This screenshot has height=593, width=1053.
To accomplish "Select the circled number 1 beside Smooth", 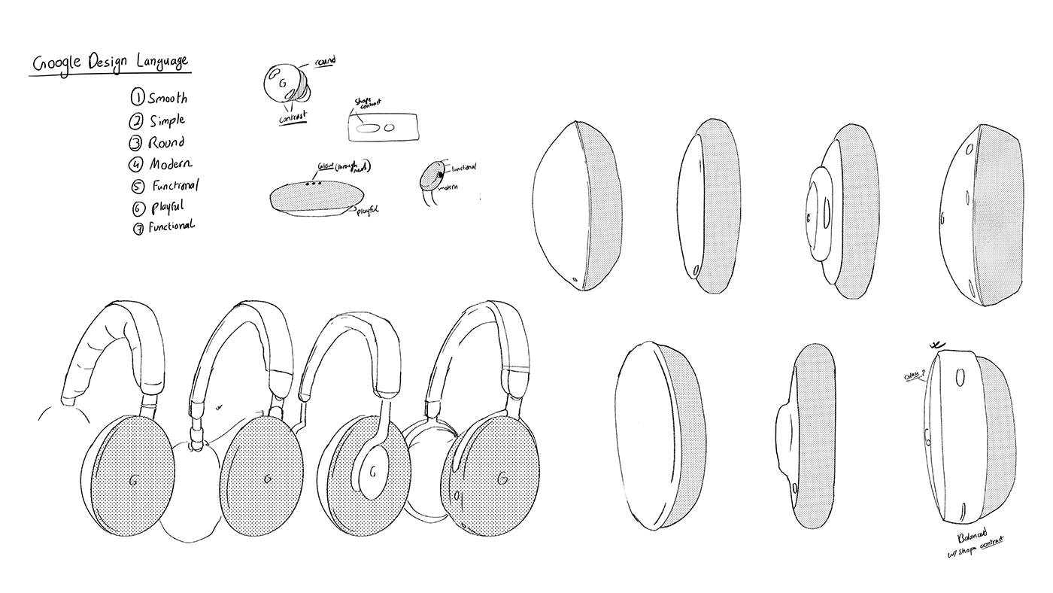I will point(138,97).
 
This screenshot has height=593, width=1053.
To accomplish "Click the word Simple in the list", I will point(166,120).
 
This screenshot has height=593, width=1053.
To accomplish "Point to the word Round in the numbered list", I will point(166,142).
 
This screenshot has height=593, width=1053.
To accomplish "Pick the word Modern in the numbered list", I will point(170,163).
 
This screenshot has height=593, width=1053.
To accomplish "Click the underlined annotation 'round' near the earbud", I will point(325,60).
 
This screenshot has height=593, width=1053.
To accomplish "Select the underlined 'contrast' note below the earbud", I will point(293,120).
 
